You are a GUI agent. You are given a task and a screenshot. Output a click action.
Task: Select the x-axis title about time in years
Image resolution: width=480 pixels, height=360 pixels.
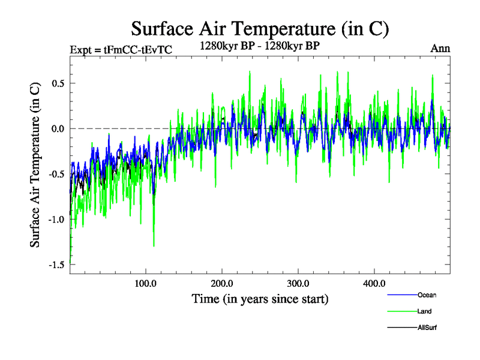(260, 298)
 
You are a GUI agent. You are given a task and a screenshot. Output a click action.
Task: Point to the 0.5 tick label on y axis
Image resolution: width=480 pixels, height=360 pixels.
(58, 83)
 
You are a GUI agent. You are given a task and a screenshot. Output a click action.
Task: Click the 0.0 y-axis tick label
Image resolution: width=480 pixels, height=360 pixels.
(58, 128)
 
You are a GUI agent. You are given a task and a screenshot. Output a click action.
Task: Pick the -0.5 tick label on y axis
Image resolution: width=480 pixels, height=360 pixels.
(56, 174)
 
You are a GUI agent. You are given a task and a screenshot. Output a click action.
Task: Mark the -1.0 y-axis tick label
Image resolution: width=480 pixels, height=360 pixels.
(56, 219)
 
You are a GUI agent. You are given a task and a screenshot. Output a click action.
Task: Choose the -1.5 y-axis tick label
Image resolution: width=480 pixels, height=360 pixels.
(56, 265)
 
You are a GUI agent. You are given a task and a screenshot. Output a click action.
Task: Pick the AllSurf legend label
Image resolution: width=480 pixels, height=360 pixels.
(428, 328)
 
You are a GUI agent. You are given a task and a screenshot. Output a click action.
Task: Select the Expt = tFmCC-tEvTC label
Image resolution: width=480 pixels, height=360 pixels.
(121, 50)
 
